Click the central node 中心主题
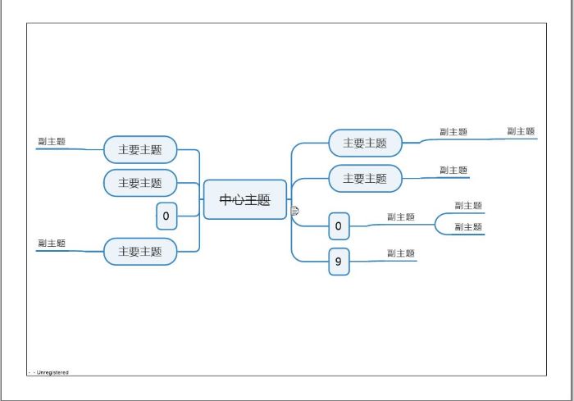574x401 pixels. pos(244,199)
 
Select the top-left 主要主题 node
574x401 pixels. pos(140,150)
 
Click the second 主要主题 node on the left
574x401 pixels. pos(140,183)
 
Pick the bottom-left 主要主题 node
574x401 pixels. pos(140,252)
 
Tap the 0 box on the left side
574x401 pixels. pos(166,216)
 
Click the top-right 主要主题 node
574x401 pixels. pos(365,143)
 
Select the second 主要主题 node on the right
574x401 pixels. pos(365,178)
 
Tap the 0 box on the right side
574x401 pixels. pos(339,226)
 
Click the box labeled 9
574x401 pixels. pos(339,262)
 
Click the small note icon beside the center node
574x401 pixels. pos(294,212)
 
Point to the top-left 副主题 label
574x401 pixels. pos(51,141)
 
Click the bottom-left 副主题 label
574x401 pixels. pos(51,244)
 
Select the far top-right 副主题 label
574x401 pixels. pos(521,131)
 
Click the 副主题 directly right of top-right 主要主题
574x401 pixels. pos(453,131)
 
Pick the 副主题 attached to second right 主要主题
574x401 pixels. pos(453,170)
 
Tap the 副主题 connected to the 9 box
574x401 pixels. pos(401,253)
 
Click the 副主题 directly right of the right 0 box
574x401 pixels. pos(401,217)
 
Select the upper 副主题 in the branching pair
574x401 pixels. pos(468,206)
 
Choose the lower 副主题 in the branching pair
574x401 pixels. pos(468,227)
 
